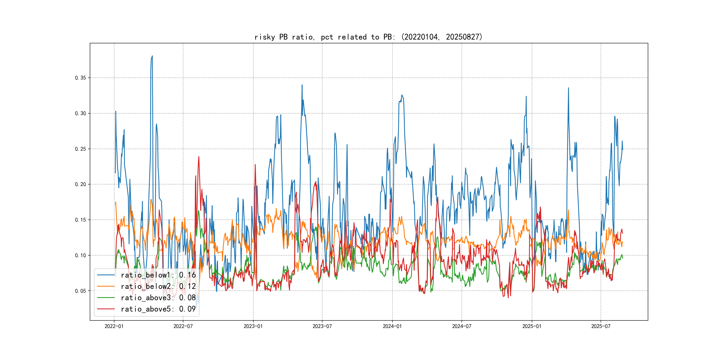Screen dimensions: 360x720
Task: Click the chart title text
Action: (368, 37)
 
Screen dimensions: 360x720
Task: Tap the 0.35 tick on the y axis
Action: (80, 78)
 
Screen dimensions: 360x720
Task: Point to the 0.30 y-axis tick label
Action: (80, 113)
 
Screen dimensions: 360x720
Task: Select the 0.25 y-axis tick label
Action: (80, 149)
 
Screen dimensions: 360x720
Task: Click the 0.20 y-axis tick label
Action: (80, 184)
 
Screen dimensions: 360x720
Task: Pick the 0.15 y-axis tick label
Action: (80, 220)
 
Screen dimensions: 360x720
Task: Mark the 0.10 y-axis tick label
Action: (80, 255)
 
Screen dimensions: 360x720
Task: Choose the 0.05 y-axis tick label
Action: (80, 291)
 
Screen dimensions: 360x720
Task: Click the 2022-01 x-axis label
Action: (114, 326)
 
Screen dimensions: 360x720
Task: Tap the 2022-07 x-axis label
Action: (183, 326)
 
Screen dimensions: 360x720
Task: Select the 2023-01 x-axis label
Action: (253, 326)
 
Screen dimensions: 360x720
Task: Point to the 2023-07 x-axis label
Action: (322, 326)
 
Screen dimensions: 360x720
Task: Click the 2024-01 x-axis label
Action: (392, 326)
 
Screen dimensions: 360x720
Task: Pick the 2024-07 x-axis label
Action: (462, 326)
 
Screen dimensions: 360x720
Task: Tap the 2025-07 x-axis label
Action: (601, 326)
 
